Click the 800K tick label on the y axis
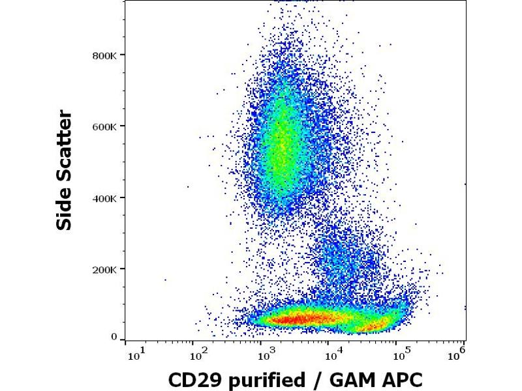(x=104, y=55)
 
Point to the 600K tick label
(x=104, y=126)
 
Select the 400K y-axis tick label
(x=104, y=197)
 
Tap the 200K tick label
(x=104, y=269)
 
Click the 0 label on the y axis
(x=114, y=338)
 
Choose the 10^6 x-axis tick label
(x=459, y=353)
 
